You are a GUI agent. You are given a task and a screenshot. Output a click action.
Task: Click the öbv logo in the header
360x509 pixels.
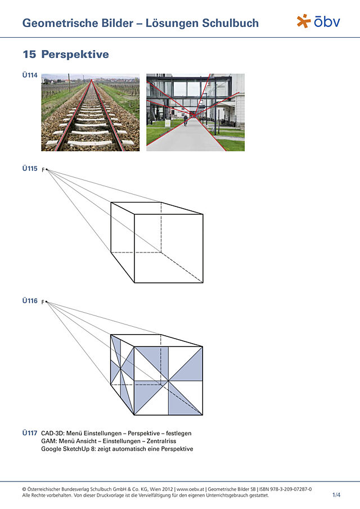(318, 21)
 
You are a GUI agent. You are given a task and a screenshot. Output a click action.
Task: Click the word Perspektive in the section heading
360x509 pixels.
(75, 54)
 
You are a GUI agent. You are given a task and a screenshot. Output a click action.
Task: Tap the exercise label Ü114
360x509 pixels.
(30, 75)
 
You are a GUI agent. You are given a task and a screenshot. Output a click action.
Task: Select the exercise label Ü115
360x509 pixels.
(30, 169)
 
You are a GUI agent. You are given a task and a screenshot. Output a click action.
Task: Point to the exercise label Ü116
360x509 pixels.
(30, 301)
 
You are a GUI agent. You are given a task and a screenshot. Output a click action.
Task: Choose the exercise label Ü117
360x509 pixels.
(30, 433)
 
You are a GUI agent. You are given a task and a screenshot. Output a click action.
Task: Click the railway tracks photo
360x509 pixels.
(90, 112)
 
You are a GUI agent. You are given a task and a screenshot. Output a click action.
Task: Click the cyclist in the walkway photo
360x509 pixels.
(186, 120)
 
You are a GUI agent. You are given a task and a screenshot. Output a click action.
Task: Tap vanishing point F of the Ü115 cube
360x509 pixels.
(47, 169)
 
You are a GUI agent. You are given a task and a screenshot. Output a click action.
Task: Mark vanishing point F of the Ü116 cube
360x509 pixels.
(47, 302)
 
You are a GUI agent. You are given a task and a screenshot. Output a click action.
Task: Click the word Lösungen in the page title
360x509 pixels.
(172, 23)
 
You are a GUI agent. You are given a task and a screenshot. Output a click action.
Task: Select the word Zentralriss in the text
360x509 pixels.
(161, 441)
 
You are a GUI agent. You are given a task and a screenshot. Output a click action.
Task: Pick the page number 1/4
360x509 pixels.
(336, 495)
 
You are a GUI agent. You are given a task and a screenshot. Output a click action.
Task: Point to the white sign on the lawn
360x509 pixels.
(168, 123)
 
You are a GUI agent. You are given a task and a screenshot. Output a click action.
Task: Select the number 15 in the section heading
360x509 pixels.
(29, 54)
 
